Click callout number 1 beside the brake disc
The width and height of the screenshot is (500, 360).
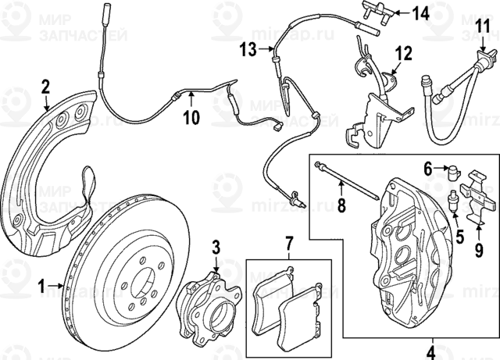pos(41,287)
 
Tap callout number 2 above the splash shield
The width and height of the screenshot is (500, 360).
pos(45,85)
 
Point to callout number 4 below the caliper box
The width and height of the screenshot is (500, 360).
pos(430,351)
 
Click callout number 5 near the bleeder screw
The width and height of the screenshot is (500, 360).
pos(460,233)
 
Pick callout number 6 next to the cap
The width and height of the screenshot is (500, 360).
pos(429,167)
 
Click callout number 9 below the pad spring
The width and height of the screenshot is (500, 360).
pos(479,250)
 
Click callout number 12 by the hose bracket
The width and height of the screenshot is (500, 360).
pos(403,54)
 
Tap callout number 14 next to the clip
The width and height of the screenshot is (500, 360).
pos(420,13)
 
